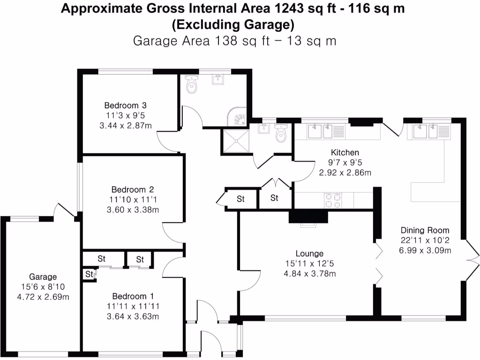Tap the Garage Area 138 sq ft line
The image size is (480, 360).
[235, 41]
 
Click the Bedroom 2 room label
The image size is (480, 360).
[133, 190]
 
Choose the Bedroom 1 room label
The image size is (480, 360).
[133, 296]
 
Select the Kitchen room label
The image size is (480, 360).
[345, 152]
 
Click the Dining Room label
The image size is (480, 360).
[425, 230]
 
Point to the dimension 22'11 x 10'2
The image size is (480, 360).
[425, 240]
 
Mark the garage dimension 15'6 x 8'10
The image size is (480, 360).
[43, 287]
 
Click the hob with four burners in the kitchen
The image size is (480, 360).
[332, 200]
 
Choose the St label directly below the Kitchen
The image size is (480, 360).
[275, 198]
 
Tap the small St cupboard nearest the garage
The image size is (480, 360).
[88, 274]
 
